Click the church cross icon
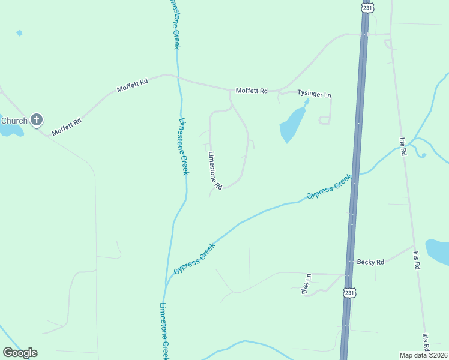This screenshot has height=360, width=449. [37, 120]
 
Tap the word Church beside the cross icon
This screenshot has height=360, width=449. [14, 121]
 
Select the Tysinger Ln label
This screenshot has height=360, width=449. [314, 95]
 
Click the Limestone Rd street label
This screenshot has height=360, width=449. [215, 170]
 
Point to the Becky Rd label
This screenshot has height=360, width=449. [370, 262]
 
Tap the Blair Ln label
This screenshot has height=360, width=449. [306, 284]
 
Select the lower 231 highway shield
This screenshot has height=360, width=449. [350, 292]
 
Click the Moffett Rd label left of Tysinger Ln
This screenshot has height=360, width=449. [252, 91]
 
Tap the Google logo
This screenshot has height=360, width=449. [20, 353]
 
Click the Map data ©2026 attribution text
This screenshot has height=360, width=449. [424, 355]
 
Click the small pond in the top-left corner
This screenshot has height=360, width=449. [19, 33]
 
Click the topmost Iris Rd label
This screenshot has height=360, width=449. [403, 146]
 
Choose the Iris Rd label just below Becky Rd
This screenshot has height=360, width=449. [416, 259]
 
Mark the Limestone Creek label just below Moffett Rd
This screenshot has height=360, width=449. [184, 146]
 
